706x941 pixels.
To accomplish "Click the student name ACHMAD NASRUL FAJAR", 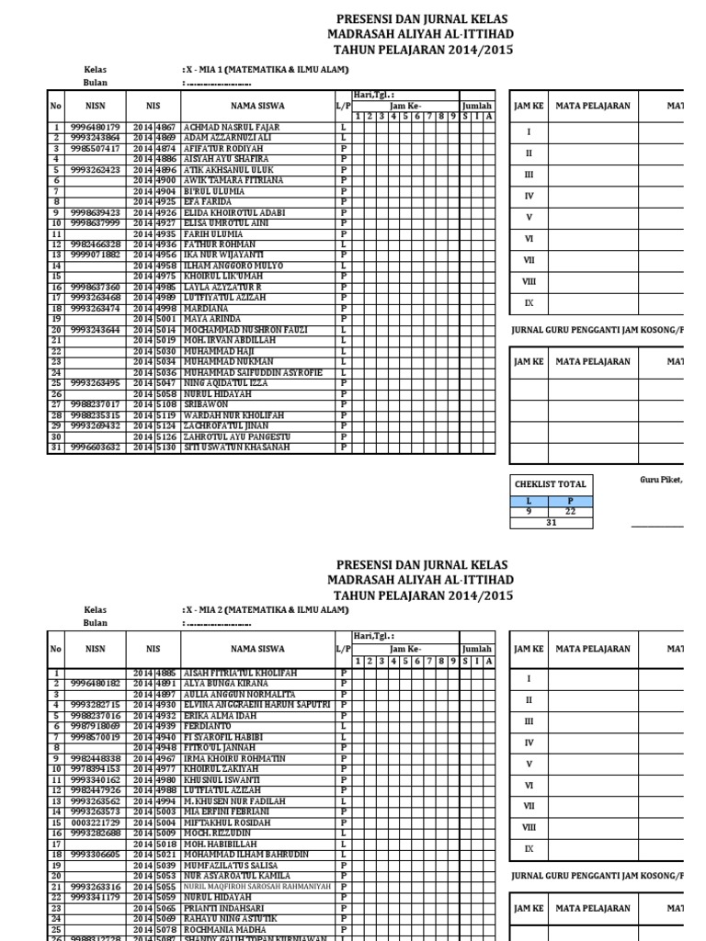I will [233, 128].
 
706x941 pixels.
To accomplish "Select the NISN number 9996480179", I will [96, 128].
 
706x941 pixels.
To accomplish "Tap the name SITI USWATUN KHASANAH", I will [237, 448].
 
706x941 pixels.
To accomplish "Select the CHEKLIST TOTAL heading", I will [550, 484].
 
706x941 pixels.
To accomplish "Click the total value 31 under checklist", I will [552, 523].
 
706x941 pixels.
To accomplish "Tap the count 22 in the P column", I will [571, 512].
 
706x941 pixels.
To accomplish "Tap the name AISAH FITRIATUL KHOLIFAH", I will [241, 674].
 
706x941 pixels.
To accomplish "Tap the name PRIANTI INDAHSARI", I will [223, 906].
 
